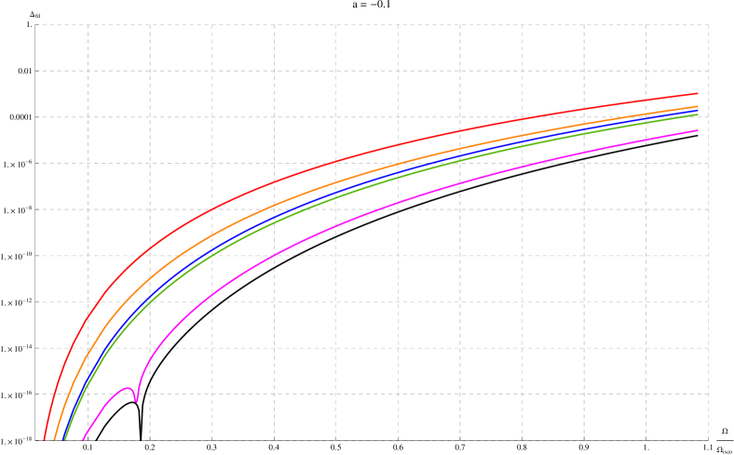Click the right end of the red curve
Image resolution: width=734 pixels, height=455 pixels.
[698, 93]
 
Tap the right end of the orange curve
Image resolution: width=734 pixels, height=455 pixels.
[698, 107]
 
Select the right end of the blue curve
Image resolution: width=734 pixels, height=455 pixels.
[698, 113]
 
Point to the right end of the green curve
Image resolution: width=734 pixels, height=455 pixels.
[698, 115]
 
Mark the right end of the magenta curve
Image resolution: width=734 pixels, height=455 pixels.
[698, 130]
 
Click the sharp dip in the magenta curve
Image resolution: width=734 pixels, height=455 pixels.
[136, 401]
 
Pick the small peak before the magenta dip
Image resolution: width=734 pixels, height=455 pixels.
[127, 388]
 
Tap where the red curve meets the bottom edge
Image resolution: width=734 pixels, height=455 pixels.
[43, 439]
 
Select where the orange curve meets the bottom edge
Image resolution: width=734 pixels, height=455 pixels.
[54, 439]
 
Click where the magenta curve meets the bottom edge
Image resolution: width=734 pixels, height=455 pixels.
[83, 439]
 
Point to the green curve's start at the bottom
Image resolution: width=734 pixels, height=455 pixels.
[65, 439]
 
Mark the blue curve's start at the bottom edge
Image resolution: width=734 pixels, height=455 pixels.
[61, 439]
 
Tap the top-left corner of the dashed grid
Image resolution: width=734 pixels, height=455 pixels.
[35, 25]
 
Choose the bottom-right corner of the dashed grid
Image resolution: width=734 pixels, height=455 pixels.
[708, 439]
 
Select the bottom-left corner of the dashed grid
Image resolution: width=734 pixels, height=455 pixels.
[35, 439]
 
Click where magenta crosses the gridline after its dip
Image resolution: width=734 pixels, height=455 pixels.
[150, 354]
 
